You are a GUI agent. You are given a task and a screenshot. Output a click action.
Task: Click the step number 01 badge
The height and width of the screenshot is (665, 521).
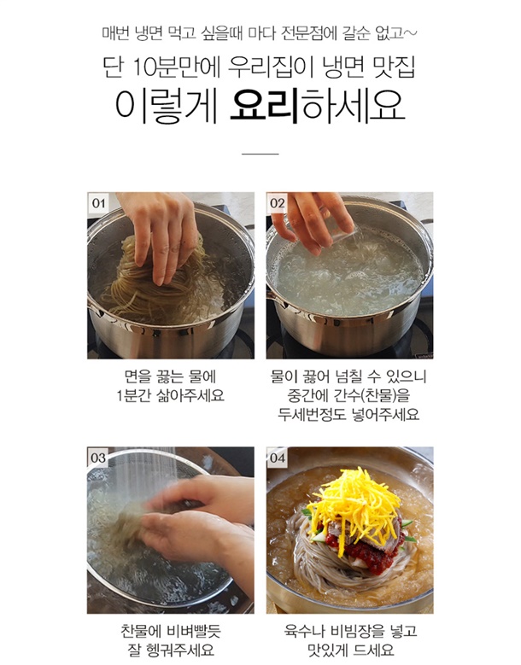98,202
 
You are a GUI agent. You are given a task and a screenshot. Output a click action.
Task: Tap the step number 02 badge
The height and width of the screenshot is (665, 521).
278,202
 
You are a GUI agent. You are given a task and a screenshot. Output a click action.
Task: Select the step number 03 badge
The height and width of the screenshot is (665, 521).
98,458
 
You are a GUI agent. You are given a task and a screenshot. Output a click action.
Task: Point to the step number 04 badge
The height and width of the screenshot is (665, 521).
278,458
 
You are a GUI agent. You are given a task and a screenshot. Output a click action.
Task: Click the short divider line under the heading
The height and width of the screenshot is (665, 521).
260,154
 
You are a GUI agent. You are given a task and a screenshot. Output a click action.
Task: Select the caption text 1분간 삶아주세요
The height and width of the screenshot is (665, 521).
171,396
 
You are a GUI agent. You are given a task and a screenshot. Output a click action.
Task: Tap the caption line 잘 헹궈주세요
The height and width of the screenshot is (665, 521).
171,650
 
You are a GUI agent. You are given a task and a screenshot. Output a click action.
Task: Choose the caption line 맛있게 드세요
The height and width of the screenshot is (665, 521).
351,650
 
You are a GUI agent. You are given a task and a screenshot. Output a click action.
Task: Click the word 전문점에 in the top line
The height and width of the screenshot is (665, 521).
309,32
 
